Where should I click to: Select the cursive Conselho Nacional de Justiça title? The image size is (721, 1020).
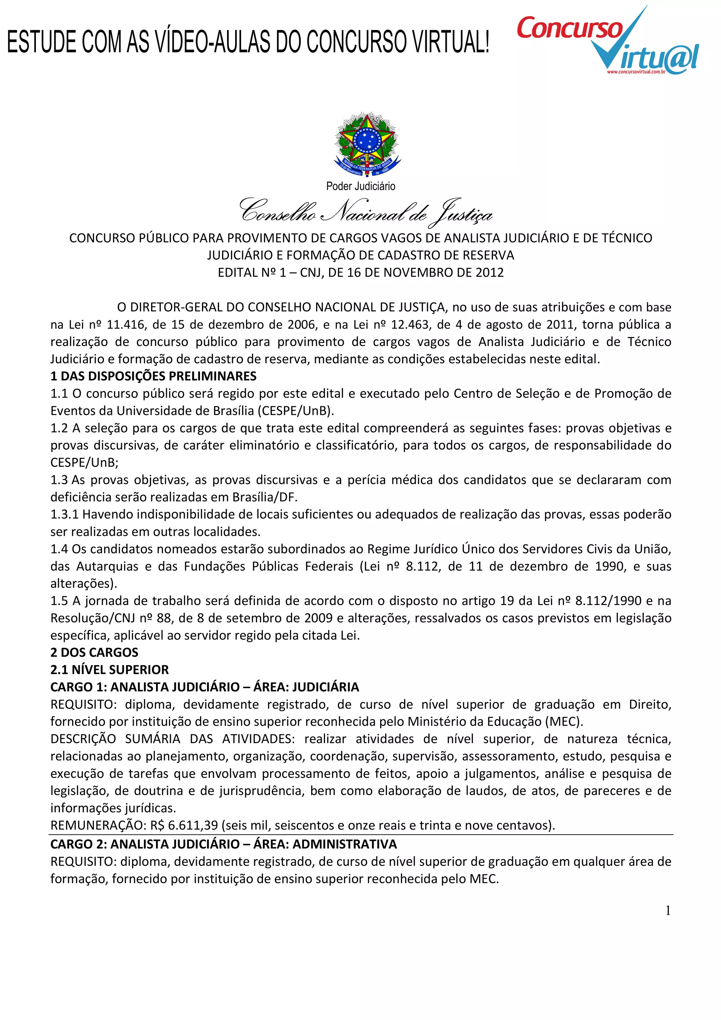366,212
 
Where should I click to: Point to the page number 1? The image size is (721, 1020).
668,911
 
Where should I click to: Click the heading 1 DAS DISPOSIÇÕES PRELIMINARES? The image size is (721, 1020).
153,376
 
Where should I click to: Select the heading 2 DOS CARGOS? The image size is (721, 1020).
94,653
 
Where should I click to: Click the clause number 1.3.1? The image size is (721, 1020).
64,515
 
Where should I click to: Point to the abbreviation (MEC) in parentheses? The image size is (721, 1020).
563,722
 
